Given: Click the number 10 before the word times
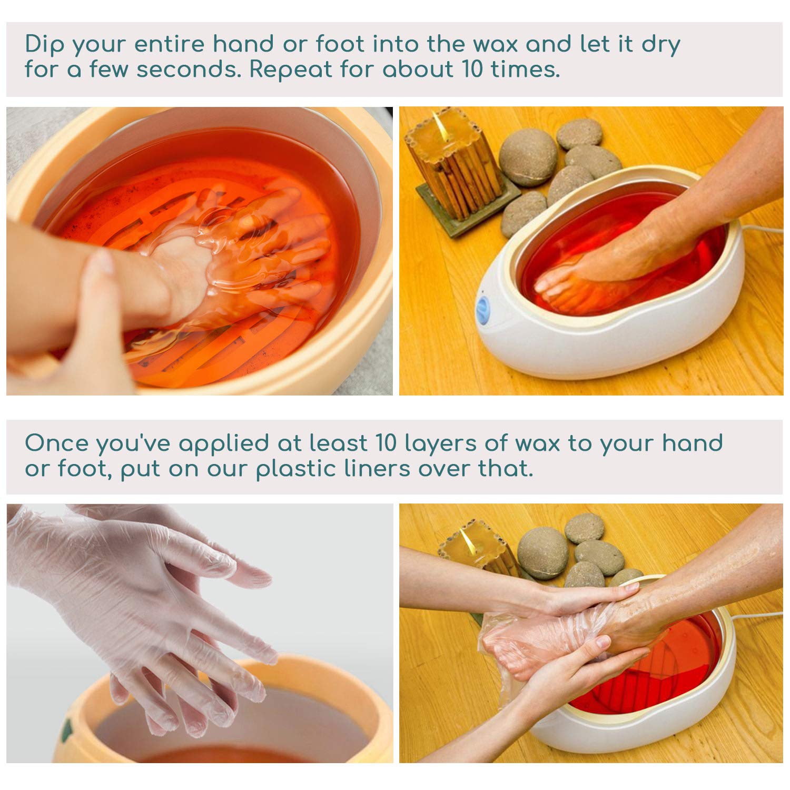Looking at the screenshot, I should (472, 70).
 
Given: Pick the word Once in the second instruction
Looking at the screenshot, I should (56, 443).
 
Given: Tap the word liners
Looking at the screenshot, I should (377, 468).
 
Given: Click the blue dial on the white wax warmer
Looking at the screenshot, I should (483, 310).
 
